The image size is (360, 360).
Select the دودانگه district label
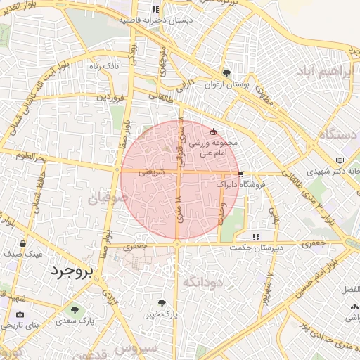click(202, 281)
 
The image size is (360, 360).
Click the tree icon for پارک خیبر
click(162, 303)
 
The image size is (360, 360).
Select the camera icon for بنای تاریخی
click(20, 314)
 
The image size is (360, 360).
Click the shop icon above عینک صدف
click(23, 243)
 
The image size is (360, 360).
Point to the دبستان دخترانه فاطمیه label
click(155, 20)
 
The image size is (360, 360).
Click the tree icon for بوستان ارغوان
click(226, 72)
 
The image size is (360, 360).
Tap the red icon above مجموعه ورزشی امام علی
click(214, 131)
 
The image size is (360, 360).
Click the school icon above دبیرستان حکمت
click(257, 237)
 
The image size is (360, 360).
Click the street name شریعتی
click(152, 171)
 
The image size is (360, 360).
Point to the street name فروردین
click(111, 96)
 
